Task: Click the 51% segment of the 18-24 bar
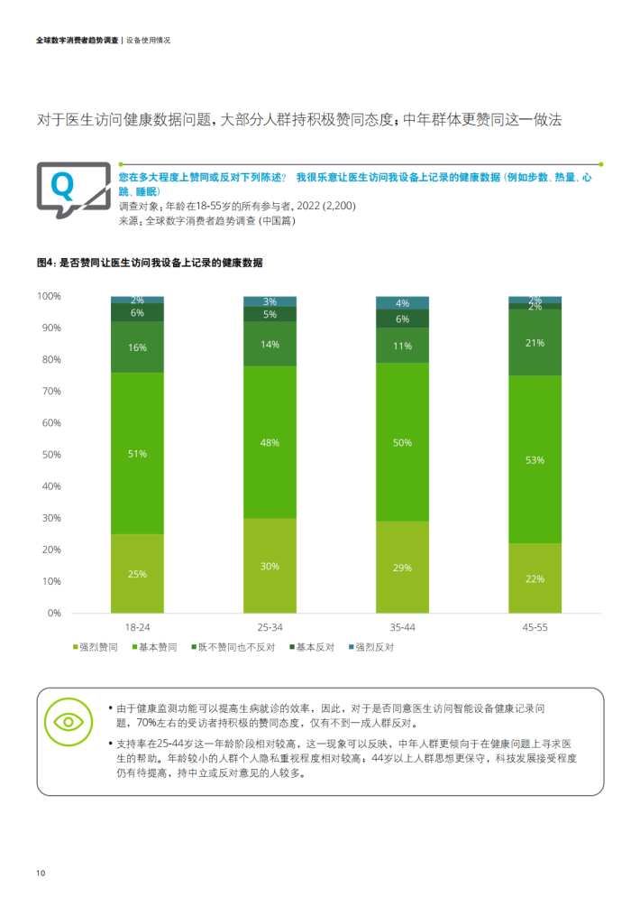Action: pos(137,453)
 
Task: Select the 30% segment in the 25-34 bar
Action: pos(270,566)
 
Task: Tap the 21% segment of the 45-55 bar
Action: pos(535,343)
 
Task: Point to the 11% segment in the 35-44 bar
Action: pos(402,346)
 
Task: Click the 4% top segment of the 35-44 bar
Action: pos(402,303)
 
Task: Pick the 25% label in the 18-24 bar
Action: pos(137,574)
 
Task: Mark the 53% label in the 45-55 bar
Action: pos(535,460)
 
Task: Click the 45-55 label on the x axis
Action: pos(535,626)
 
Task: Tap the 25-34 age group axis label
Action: pos(270,626)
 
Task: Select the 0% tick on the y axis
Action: pos(53,613)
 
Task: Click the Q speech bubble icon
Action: pos(62,186)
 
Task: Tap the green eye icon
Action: pos(68,722)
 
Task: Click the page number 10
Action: pos(41,874)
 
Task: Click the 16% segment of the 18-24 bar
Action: pos(137,347)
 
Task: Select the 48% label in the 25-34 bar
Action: pos(270,443)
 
